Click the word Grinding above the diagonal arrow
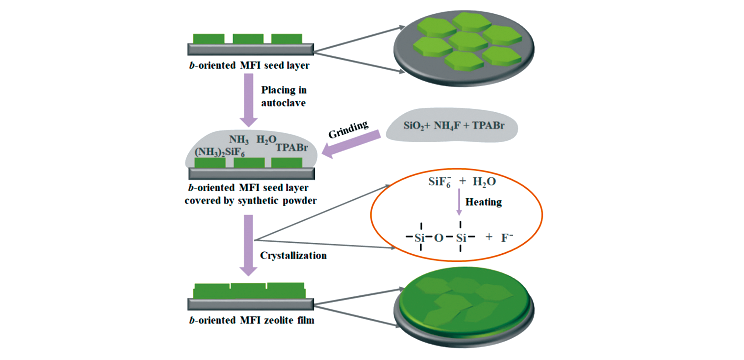tap(348, 129)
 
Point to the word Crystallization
tap(293, 256)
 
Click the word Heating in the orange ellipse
tap(483, 202)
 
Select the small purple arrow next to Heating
tap(459, 202)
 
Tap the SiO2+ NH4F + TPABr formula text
tap(454, 126)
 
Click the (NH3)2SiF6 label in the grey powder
tap(219, 152)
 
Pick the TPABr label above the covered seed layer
tap(292, 148)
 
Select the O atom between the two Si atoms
tap(439, 238)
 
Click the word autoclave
tap(283, 103)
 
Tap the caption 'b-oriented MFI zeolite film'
tap(252, 320)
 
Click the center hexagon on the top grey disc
tap(468, 41)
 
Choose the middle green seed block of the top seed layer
tap(248, 39)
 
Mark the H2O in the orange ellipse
tap(484, 182)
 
